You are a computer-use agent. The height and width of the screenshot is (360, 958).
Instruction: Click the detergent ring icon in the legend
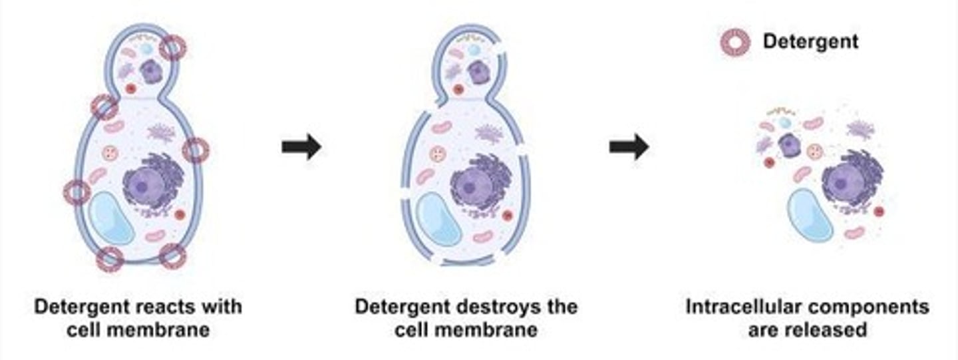click(x=736, y=42)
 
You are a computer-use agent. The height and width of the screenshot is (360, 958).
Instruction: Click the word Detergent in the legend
click(x=810, y=41)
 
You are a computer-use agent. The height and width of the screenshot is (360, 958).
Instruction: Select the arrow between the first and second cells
click(x=301, y=146)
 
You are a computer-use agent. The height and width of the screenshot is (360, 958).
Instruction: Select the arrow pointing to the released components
click(x=629, y=146)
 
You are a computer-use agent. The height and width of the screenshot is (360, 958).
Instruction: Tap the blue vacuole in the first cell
click(x=112, y=216)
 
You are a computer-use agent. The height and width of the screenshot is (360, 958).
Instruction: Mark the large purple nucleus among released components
click(x=846, y=180)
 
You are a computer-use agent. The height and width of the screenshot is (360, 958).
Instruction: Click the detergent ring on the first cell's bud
click(x=172, y=48)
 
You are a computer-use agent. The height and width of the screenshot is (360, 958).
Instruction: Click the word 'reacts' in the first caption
click(x=160, y=307)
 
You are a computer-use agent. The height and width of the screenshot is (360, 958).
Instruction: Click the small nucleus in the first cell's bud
click(x=151, y=71)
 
